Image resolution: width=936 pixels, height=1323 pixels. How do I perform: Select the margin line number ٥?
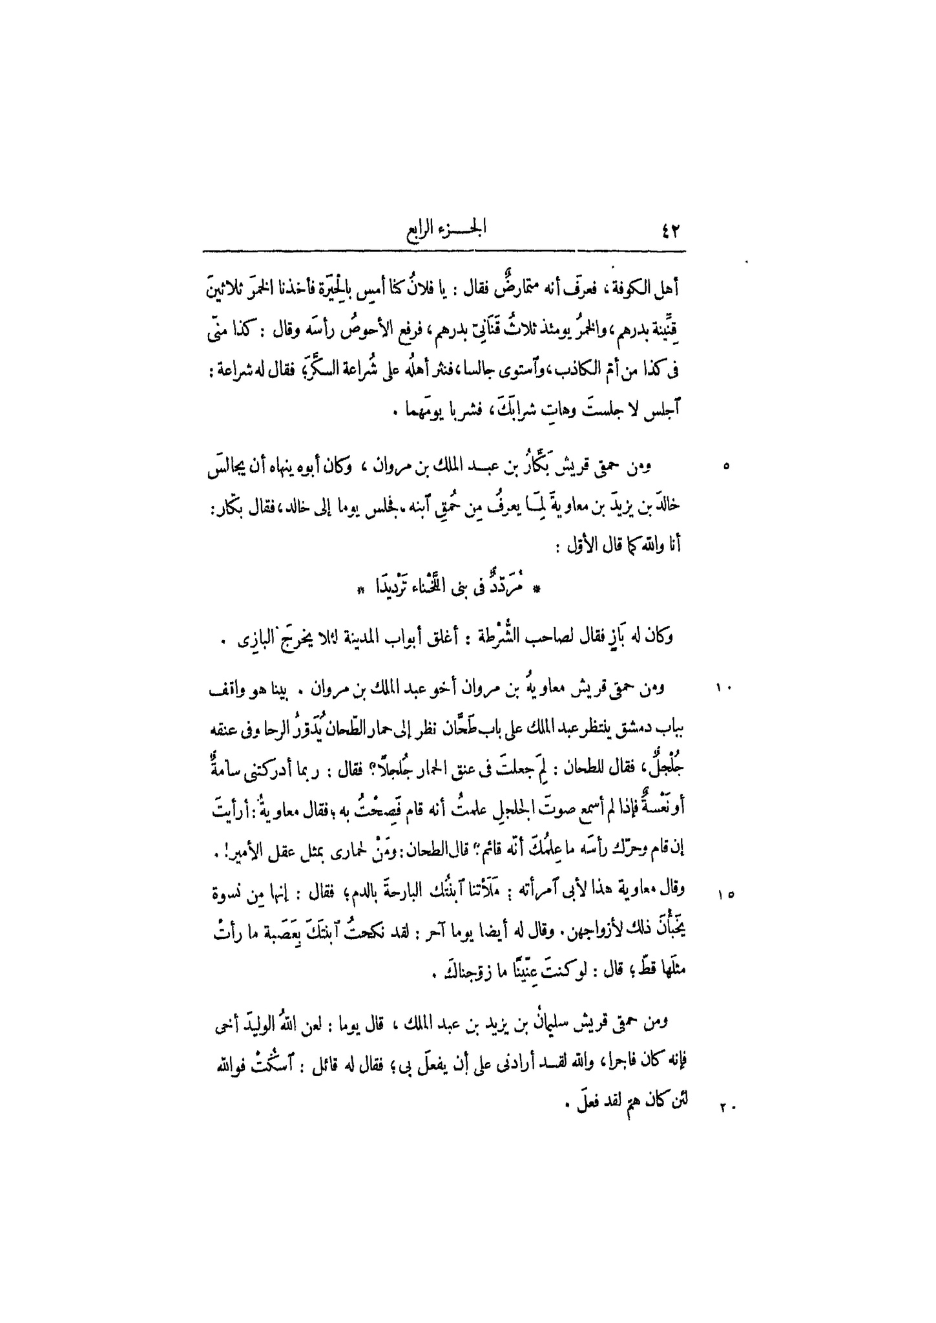click(725, 466)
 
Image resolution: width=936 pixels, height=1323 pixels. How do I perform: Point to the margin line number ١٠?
click(723, 688)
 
